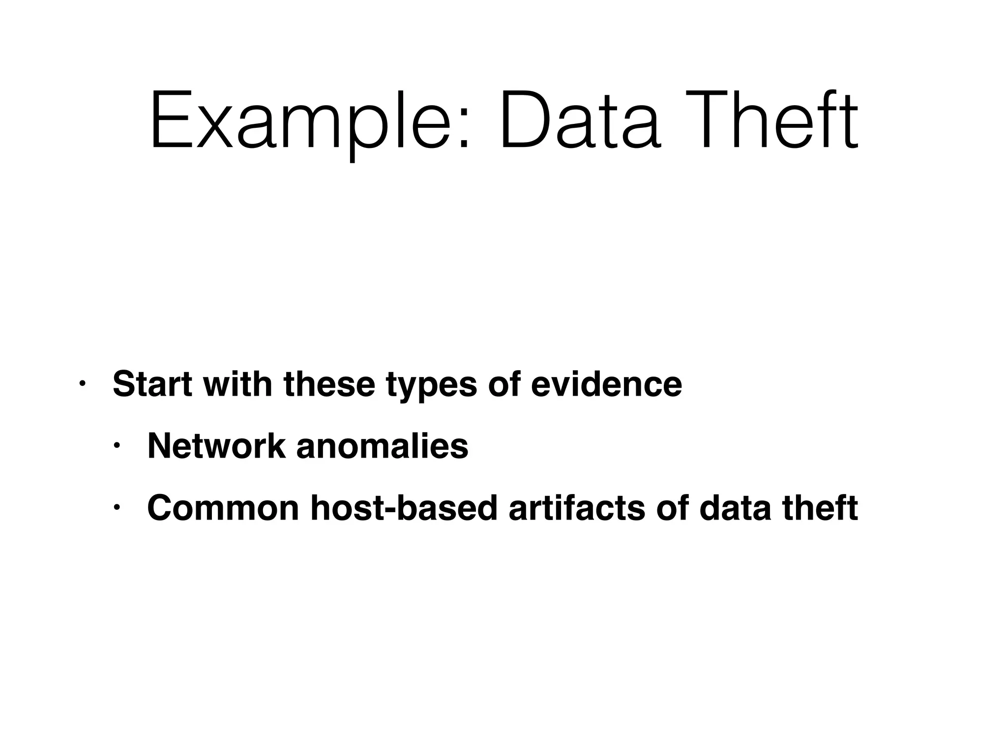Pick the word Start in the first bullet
152,384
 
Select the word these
329,384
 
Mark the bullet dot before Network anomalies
117,446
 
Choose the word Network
216,446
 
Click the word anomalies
383,446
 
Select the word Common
223,508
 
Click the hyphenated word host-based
405,508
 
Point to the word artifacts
577,508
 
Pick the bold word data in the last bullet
736,508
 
